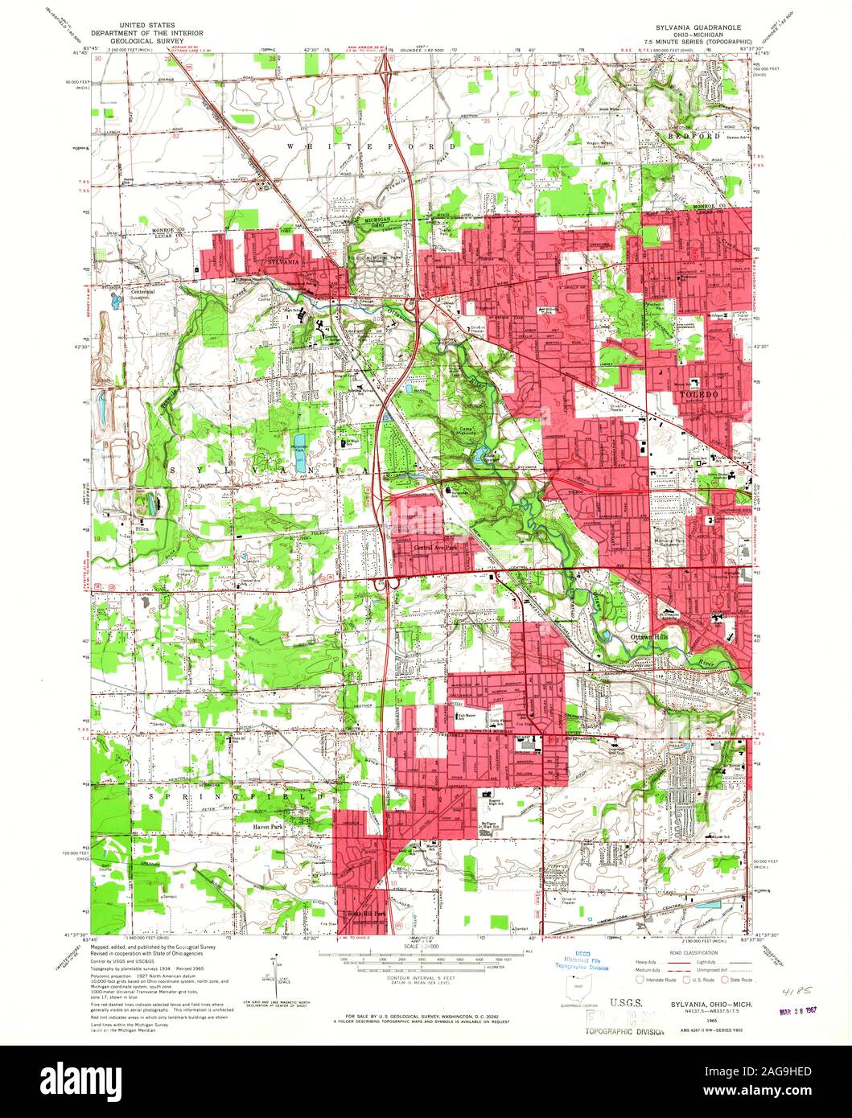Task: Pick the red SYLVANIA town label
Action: click(289, 262)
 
